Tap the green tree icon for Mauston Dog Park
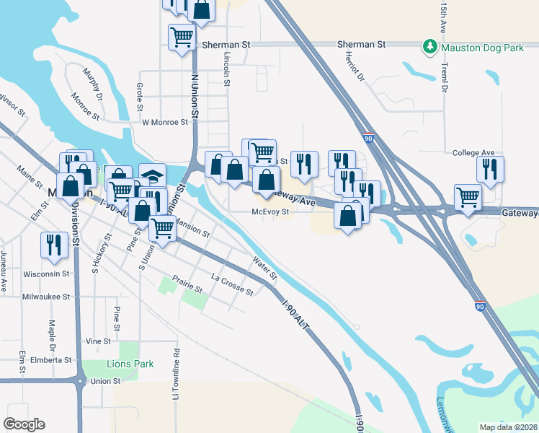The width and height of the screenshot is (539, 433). point(430,45)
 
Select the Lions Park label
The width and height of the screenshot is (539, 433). point(130,364)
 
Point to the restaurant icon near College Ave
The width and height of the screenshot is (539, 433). point(489,169)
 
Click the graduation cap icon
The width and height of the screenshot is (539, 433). point(153,177)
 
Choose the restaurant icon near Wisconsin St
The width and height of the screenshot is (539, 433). point(53,244)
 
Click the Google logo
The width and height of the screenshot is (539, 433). point(24,424)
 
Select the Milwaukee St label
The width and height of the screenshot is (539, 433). point(45,297)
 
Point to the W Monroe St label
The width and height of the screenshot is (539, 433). point(165,123)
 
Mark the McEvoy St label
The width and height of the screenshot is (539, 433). point(270,212)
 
